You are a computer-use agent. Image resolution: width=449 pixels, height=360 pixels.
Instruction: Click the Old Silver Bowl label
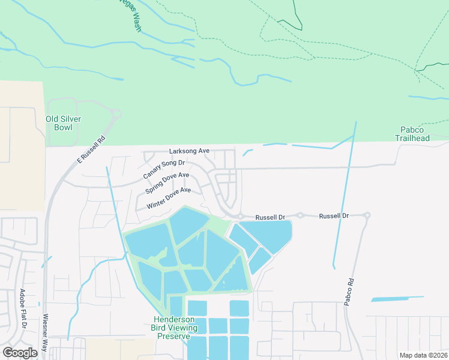(x=63, y=123)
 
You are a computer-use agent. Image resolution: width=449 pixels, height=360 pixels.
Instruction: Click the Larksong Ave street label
(x=189, y=151)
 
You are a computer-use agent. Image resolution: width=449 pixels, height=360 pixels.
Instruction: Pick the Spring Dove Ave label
(x=167, y=183)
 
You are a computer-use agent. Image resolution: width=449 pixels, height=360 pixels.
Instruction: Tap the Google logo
(x=20, y=353)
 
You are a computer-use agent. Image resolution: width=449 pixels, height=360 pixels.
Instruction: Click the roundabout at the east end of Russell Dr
(x=367, y=215)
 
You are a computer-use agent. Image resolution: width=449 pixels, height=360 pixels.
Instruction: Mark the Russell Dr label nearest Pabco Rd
(x=334, y=215)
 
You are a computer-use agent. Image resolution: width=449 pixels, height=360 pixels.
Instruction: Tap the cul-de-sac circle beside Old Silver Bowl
(x=116, y=114)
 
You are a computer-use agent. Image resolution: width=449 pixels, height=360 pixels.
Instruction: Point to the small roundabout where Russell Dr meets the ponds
(x=240, y=216)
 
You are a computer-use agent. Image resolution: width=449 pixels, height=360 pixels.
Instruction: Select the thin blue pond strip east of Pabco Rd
(x=397, y=298)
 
